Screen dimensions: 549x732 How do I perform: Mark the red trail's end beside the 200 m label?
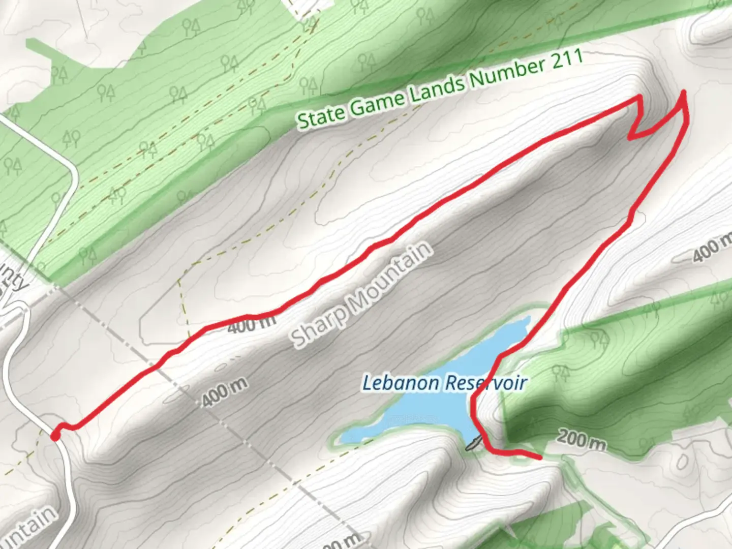click(539, 457)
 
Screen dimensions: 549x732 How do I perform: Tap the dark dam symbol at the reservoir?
click(472, 444)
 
